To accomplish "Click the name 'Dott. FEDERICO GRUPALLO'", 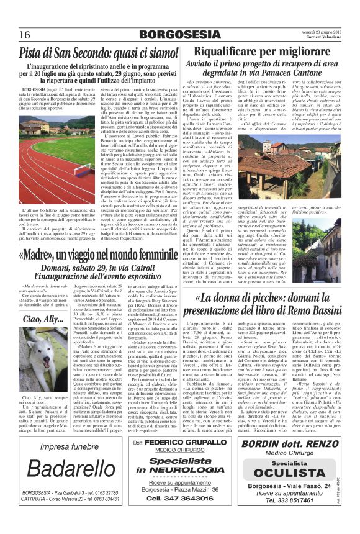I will (x=180, y=443).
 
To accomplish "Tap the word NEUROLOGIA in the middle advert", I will (x=180, y=469).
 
